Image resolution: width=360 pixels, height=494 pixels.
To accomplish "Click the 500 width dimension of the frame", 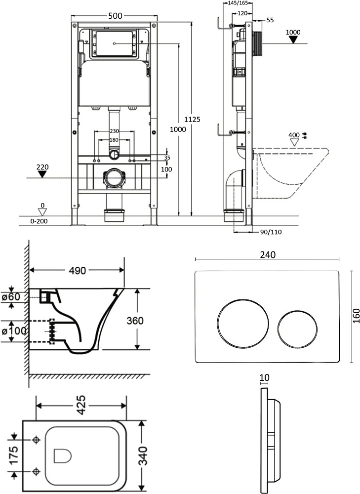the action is [x=115, y=16].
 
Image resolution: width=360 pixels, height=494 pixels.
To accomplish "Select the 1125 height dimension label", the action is [x=192, y=120].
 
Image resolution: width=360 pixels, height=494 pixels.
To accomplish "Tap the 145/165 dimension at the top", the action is [x=238, y=3].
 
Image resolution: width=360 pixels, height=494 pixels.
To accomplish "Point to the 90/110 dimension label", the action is [x=271, y=232].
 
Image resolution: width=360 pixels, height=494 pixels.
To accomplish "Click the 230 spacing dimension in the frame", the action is [x=115, y=131].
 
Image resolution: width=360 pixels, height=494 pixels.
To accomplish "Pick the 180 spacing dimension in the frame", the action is [x=114, y=140].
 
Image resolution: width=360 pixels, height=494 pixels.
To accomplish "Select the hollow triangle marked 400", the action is [x=294, y=142].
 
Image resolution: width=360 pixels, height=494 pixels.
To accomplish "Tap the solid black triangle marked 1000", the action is [x=293, y=40].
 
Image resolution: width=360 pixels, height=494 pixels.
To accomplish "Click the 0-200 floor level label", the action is [x=39, y=221].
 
